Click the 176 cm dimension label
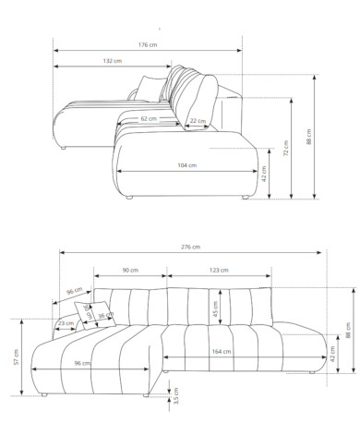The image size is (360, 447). pos(148,45)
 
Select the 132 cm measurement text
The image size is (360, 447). pos(113,61)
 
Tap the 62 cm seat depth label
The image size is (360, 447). pos(149,118)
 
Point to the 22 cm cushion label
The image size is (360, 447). pos(198,121)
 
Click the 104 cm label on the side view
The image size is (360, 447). pos(187,165)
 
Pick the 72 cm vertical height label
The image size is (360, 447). pos(286,148)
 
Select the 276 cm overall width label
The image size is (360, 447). pos(191,247)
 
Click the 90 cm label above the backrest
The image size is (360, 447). pos(130,271)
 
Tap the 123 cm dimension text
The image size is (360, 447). pos(219,271)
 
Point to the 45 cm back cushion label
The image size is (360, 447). pos(216,308)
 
